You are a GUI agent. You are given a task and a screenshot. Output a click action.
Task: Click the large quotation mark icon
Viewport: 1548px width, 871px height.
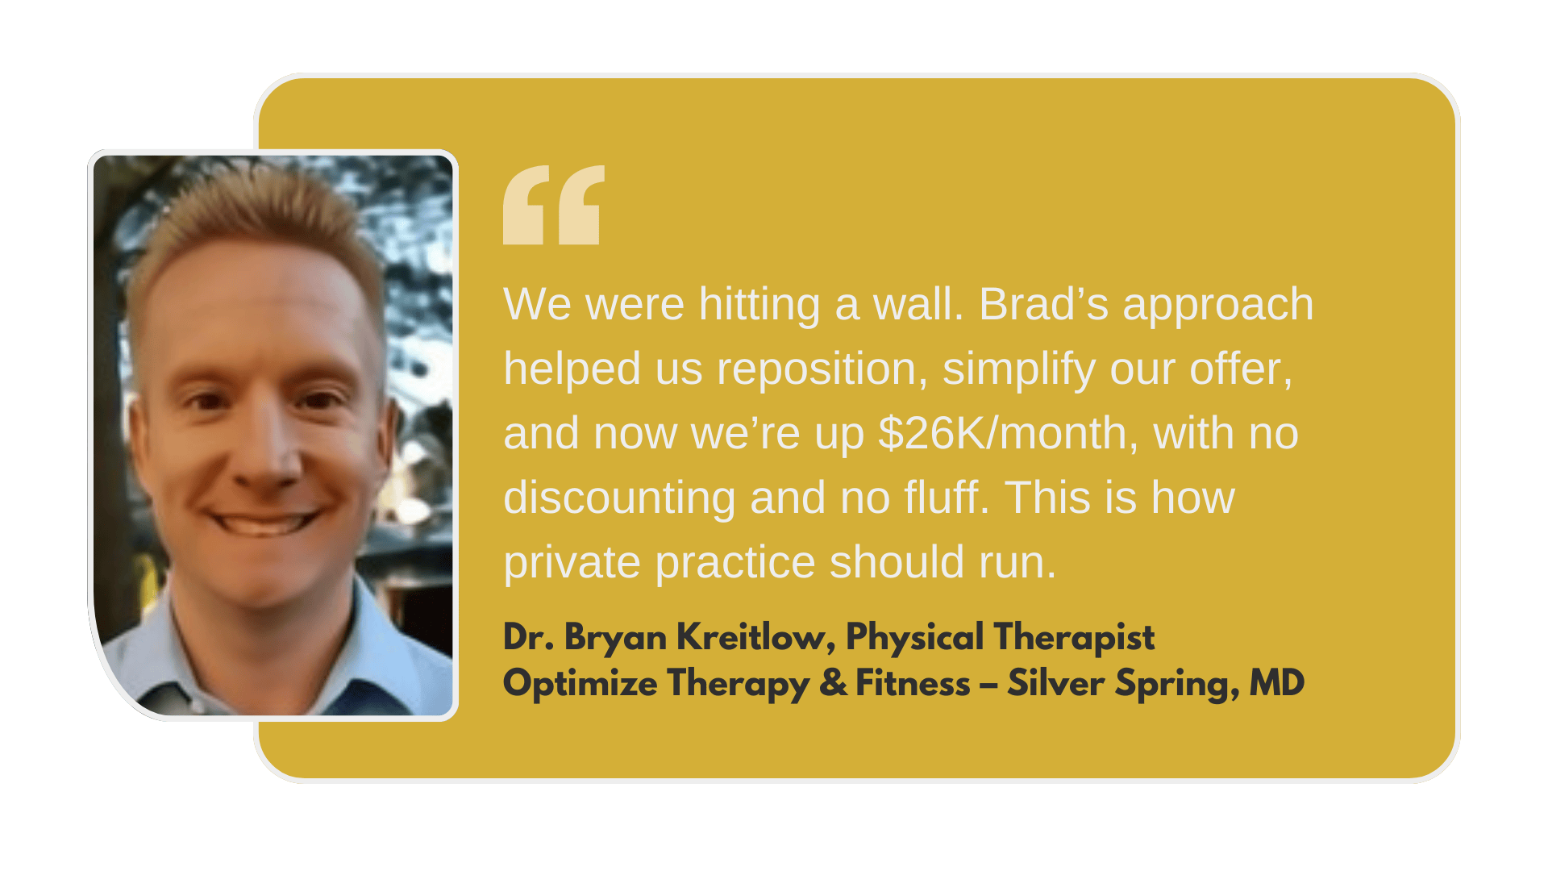[x=554, y=205]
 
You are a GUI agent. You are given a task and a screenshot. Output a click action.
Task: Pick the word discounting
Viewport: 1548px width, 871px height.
[x=619, y=499]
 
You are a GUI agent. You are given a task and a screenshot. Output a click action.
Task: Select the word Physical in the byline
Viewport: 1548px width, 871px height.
[x=915, y=638]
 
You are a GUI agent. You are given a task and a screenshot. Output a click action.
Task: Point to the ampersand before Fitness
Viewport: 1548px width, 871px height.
[x=834, y=684]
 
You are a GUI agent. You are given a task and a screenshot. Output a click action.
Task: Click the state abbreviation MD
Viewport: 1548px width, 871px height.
[x=1277, y=683]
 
